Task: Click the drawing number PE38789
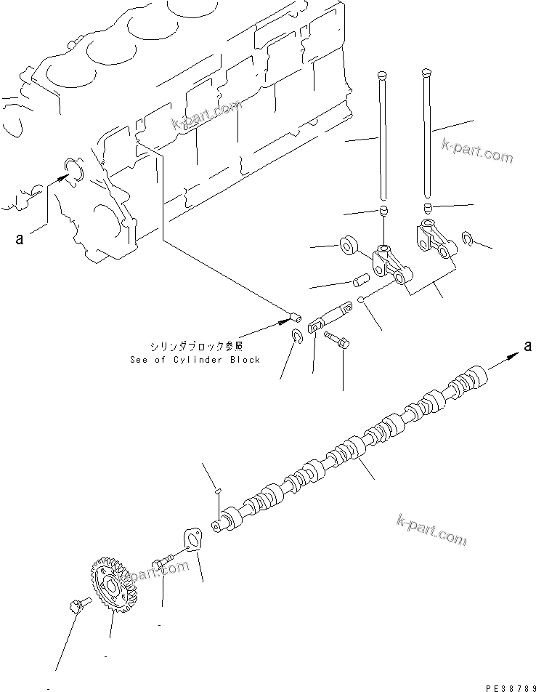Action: [x=502, y=685]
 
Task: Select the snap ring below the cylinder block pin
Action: [x=298, y=336]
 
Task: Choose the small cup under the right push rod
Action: [x=428, y=209]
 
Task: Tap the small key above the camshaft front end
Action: [x=218, y=494]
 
